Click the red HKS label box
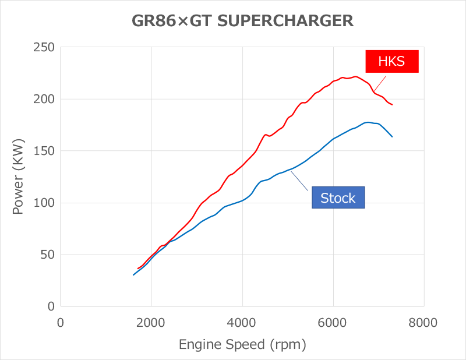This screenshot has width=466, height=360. coord(392,61)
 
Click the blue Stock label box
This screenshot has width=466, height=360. coord(338,198)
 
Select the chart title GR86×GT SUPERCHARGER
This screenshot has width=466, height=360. coord(241,21)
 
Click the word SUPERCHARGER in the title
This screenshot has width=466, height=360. coord(294,21)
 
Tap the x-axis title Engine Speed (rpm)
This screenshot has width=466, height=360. coord(242,344)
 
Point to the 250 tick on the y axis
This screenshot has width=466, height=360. coord(44,47)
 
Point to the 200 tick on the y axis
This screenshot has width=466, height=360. coord(44,99)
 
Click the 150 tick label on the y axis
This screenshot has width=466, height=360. coord(44,151)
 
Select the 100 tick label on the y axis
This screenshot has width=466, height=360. coord(44,203)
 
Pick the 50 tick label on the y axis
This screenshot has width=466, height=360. coord(47,255)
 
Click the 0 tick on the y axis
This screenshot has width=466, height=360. coord(51,306)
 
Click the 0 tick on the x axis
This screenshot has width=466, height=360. coord(61,322)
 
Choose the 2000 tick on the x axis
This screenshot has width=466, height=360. coord(151,322)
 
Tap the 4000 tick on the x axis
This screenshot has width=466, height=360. coord(242,322)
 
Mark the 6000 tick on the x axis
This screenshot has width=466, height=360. coord(333,322)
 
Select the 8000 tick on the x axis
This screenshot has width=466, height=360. coord(423,322)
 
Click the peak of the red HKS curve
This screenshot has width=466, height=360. coord(355,76)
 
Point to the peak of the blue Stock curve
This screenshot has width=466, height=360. coord(368,122)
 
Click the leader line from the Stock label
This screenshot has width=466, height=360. coord(299,181)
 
